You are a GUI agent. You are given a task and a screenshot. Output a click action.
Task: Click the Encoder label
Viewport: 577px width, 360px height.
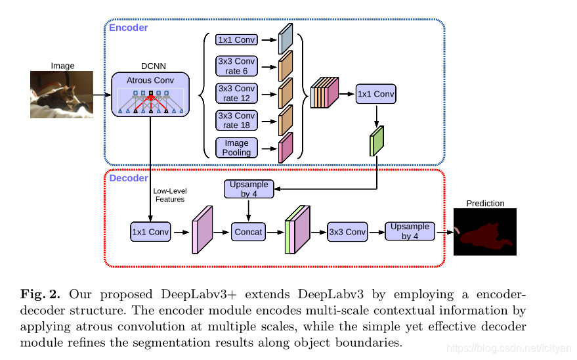click(x=128, y=28)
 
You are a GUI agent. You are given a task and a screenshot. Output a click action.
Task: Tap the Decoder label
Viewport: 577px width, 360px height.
click(x=129, y=178)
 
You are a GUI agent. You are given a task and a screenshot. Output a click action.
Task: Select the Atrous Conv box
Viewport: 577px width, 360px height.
click(x=150, y=95)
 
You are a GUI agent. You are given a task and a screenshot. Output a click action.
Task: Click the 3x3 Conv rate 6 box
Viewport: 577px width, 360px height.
click(x=236, y=66)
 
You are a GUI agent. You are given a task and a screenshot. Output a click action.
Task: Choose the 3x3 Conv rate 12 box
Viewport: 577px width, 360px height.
click(x=236, y=93)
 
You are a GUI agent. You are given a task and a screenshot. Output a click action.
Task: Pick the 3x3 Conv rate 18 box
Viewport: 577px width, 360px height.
click(x=236, y=120)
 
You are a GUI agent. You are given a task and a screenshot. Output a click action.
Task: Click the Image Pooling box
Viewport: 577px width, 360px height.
click(x=236, y=148)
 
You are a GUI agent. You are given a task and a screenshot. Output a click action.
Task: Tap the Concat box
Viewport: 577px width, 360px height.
click(x=248, y=232)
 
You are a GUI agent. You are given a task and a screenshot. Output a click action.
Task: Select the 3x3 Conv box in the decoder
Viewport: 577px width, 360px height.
click(x=347, y=232)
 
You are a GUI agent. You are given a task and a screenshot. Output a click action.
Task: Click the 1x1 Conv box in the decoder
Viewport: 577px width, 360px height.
click(x=150, y=232)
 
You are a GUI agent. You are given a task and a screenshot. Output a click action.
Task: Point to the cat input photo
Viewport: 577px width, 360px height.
click(x=62, y=95)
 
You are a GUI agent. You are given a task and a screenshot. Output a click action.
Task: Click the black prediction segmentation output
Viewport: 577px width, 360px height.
click(x=485, y=232)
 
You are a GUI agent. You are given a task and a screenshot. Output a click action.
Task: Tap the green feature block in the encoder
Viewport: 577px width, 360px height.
click(x=377, y=141)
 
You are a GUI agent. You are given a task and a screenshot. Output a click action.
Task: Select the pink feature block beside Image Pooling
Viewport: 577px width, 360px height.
click(x=286, y=148)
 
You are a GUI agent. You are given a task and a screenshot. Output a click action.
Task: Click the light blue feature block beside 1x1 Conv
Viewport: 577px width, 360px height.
click(x=286, y=39)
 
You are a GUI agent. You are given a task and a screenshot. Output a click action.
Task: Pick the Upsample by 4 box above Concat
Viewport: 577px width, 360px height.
click(x=249, y=189)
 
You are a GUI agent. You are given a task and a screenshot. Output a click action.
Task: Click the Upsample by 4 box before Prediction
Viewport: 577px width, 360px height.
click(x=410, y=231)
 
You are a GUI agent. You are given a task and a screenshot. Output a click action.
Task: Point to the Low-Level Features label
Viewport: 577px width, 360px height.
click(x=170, y=195)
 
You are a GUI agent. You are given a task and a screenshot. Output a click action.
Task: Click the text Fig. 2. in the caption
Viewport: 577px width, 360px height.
click(x=40, y=294)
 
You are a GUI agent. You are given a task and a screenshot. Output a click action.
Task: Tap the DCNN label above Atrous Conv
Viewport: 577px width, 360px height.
click(x=154, y=66)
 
